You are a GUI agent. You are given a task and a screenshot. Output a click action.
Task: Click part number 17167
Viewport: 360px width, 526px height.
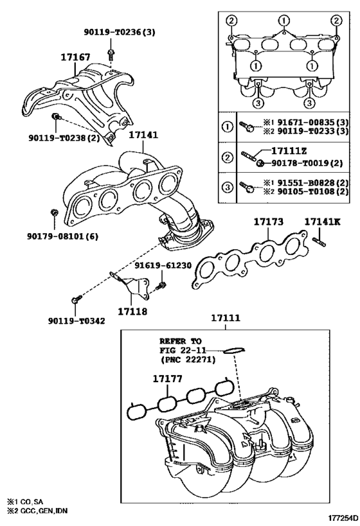coord(75,58)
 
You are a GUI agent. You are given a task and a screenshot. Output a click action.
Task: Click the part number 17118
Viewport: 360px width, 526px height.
coord(132,311)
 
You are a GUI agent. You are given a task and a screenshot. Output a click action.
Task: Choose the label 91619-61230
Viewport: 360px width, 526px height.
coord(161,264)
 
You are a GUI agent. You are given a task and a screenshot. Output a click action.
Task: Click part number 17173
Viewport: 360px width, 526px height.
coord(268,222)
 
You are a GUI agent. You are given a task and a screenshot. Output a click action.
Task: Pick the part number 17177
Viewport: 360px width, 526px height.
coord(168,380)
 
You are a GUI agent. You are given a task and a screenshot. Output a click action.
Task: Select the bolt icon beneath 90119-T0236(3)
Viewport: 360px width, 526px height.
coord(111,52)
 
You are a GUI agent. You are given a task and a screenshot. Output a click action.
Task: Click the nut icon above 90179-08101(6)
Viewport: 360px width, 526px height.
coord(55,211)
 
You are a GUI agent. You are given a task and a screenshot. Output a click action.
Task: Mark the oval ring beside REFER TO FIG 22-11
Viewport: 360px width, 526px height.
coord(235,350)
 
